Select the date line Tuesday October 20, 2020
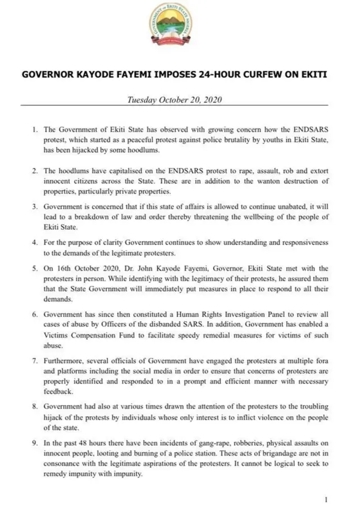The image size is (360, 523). tap(175, 100)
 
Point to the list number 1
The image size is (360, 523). tap(34, 129)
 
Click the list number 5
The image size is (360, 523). tap(34, 269)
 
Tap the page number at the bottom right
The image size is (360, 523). tap(326, 499)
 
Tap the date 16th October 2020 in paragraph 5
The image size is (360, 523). tap(80, 269)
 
